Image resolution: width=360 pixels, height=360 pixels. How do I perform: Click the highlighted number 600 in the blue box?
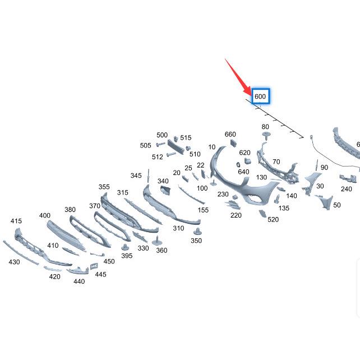click(x=260, y=96)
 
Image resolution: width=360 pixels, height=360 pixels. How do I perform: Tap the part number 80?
click(x=265, y=127)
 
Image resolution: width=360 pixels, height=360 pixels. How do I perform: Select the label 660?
click(x=230, y=135)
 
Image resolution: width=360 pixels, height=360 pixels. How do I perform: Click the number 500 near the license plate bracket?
click(x=162, y=135)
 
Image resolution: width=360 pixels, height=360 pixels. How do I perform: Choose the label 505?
click(x=146, y=145)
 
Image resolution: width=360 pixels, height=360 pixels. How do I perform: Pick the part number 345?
click(x=136, y=176)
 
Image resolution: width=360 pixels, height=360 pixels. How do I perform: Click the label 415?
click(x=16, y=221)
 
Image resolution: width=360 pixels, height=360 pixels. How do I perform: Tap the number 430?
click(x=14, y=262)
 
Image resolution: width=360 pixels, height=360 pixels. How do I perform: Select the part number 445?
click(x=100, y=274)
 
